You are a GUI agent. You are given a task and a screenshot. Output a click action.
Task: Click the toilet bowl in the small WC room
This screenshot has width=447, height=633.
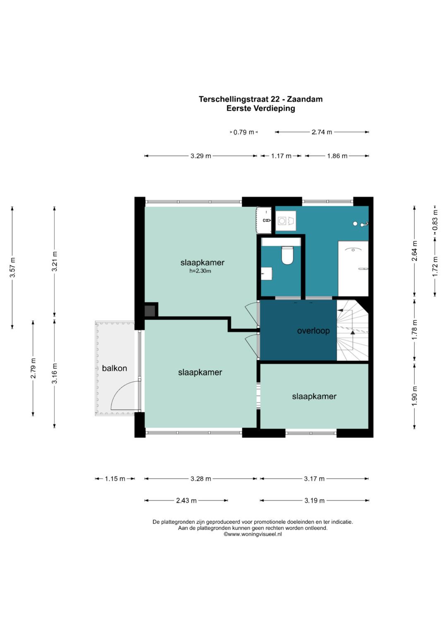(287, 255)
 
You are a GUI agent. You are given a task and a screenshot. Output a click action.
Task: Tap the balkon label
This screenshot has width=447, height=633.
(114, 368)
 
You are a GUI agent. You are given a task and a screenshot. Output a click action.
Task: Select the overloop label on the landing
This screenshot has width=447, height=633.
(313, 331)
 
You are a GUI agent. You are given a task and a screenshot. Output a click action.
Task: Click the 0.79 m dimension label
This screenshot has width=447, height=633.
(244, 132)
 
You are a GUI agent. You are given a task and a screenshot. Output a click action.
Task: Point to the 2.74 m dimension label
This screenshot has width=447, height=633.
(322, 132)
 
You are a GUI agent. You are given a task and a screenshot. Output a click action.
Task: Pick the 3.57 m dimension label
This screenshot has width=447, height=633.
(13, 267)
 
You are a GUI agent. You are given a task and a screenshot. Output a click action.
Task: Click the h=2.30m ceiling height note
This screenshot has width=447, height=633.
(200, 271)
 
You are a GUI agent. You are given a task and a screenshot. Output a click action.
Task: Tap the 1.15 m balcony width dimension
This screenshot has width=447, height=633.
(115, 479)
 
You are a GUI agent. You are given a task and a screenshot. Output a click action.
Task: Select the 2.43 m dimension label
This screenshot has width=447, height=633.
(186, 500)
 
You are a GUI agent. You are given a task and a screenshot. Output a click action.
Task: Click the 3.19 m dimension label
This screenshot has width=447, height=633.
(315, 500)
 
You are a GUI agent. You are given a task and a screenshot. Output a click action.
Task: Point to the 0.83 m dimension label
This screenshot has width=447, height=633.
(435, 220)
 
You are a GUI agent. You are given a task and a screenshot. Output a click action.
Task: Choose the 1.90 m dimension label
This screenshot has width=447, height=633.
(415, 396)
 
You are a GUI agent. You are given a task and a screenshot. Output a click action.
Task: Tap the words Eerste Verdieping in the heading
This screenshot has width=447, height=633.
(261, 109)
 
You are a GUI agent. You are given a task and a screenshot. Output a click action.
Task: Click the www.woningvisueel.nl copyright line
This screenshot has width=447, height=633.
(252, 534)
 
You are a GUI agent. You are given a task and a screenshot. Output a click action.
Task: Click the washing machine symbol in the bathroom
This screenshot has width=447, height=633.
(286, 221)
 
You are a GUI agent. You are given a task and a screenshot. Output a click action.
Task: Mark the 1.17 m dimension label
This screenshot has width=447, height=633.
(281, 156)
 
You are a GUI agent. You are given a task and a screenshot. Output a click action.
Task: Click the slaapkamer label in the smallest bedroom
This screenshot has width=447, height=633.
(314, 396)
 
